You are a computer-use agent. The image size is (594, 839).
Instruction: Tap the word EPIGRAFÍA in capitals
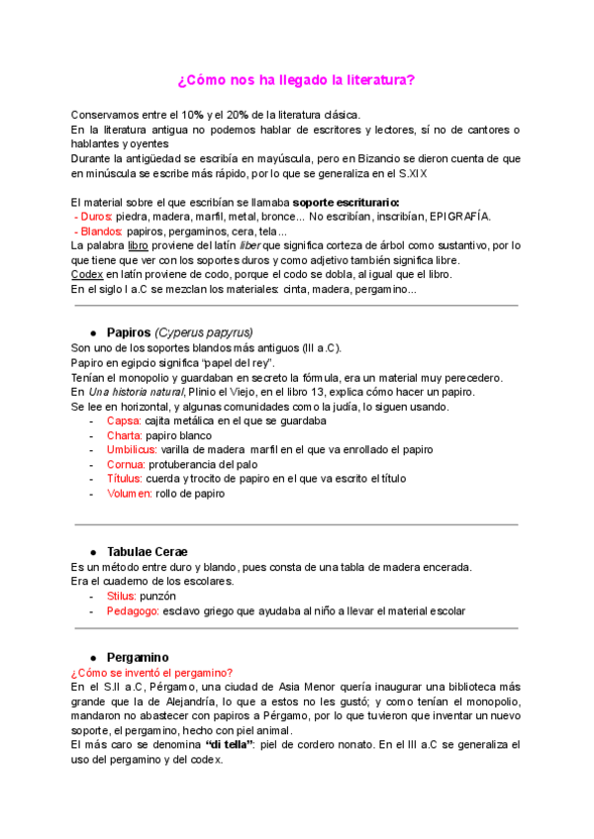pyautogui.click(x=458, y=216)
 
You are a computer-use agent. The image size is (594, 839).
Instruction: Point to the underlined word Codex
pyautogui.click(x=88, y=274)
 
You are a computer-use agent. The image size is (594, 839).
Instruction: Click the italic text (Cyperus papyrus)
pyautogui.click(x=203, y=332)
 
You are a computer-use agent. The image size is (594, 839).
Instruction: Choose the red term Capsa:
pyautogui.click(x=124, y=420)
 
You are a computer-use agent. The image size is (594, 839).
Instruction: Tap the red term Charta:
pyautogui.click(x=125, y=435)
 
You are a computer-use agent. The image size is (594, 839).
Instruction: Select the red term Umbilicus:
pyautogui.click(x=132, y=449)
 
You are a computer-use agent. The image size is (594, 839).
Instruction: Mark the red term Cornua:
pyautogui.click(x=126, y=464)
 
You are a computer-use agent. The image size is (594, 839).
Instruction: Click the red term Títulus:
pyautogui.click(x=126, y=478)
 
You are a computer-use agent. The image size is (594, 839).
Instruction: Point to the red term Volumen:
pyautogui.click(x=129, y=493)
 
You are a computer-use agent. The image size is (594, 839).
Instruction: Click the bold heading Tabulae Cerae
pyautogui.click(x=147, y=551)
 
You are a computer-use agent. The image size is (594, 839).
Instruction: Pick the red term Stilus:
pyautogui.click(x=124, y=596)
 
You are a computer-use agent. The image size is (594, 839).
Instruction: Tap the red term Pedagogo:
pyautogui.click(x=133, y=610)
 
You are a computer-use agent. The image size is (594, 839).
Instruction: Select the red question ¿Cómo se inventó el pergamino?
pyautogui.click(x=151, y=672)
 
